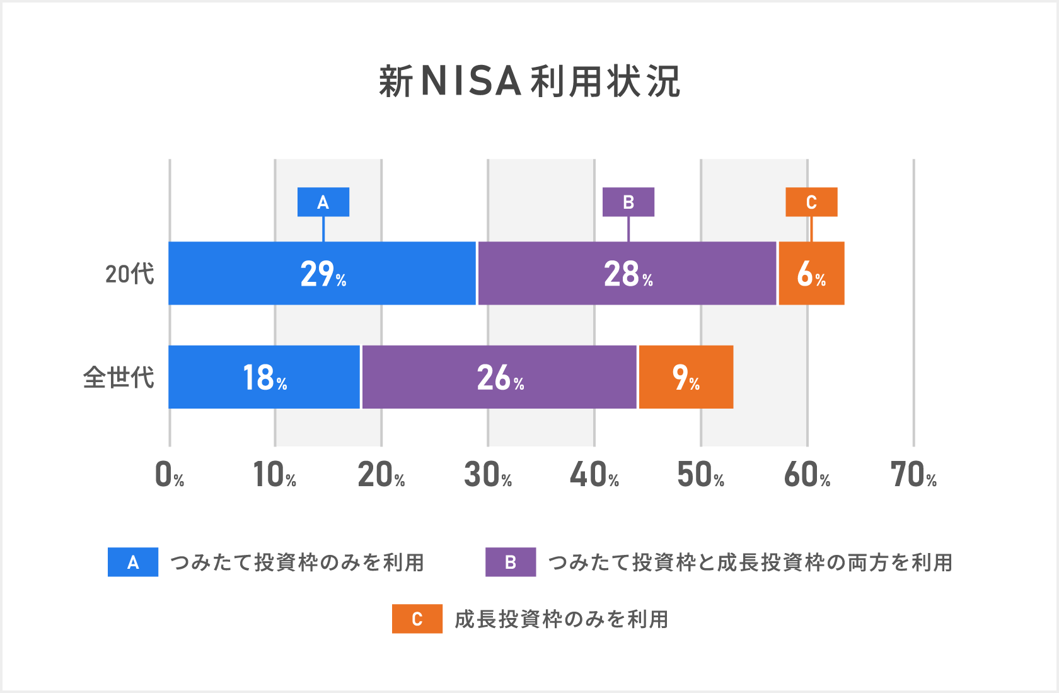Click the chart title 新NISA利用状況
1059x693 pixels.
point(529,82)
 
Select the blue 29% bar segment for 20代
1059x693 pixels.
point(322,274)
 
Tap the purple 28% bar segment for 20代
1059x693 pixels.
point(627,274)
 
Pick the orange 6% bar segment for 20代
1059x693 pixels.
point(811,274)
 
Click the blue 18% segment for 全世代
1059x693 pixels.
point(264,377)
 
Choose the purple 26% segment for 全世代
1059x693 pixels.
point(499,377)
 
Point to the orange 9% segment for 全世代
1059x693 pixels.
point(686,377)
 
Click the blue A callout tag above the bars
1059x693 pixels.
point(323,202)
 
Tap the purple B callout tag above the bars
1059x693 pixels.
point(628,202)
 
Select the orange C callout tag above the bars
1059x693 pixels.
point(811,202)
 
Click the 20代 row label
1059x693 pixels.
point(129,274)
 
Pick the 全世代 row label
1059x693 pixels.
point(119,378)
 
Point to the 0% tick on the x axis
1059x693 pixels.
point(169,475)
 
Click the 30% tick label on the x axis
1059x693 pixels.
point(487,475)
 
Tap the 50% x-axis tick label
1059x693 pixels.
point(700,475)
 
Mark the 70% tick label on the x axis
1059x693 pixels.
point(913,475)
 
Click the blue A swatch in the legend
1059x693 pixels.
point(133,562)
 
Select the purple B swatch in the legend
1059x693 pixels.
point(511,562)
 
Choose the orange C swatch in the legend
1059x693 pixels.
point(417,619)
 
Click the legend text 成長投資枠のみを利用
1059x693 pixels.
point(561,619)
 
